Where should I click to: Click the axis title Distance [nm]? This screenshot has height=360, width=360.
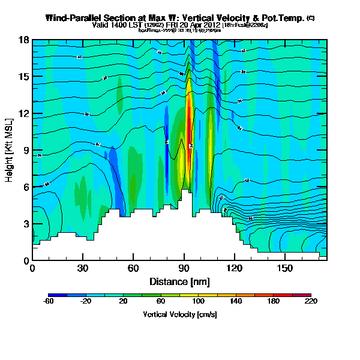[179, 281]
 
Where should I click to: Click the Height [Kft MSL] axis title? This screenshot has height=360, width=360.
[10, 150]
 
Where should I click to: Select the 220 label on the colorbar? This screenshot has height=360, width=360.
[311, 301]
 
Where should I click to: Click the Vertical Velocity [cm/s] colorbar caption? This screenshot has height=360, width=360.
[179, 314]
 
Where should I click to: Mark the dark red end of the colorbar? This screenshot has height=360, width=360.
[307, 295]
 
